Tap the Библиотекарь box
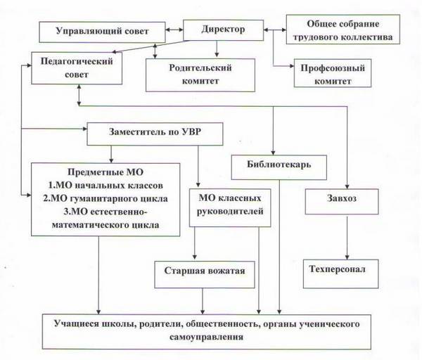[279, 165]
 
